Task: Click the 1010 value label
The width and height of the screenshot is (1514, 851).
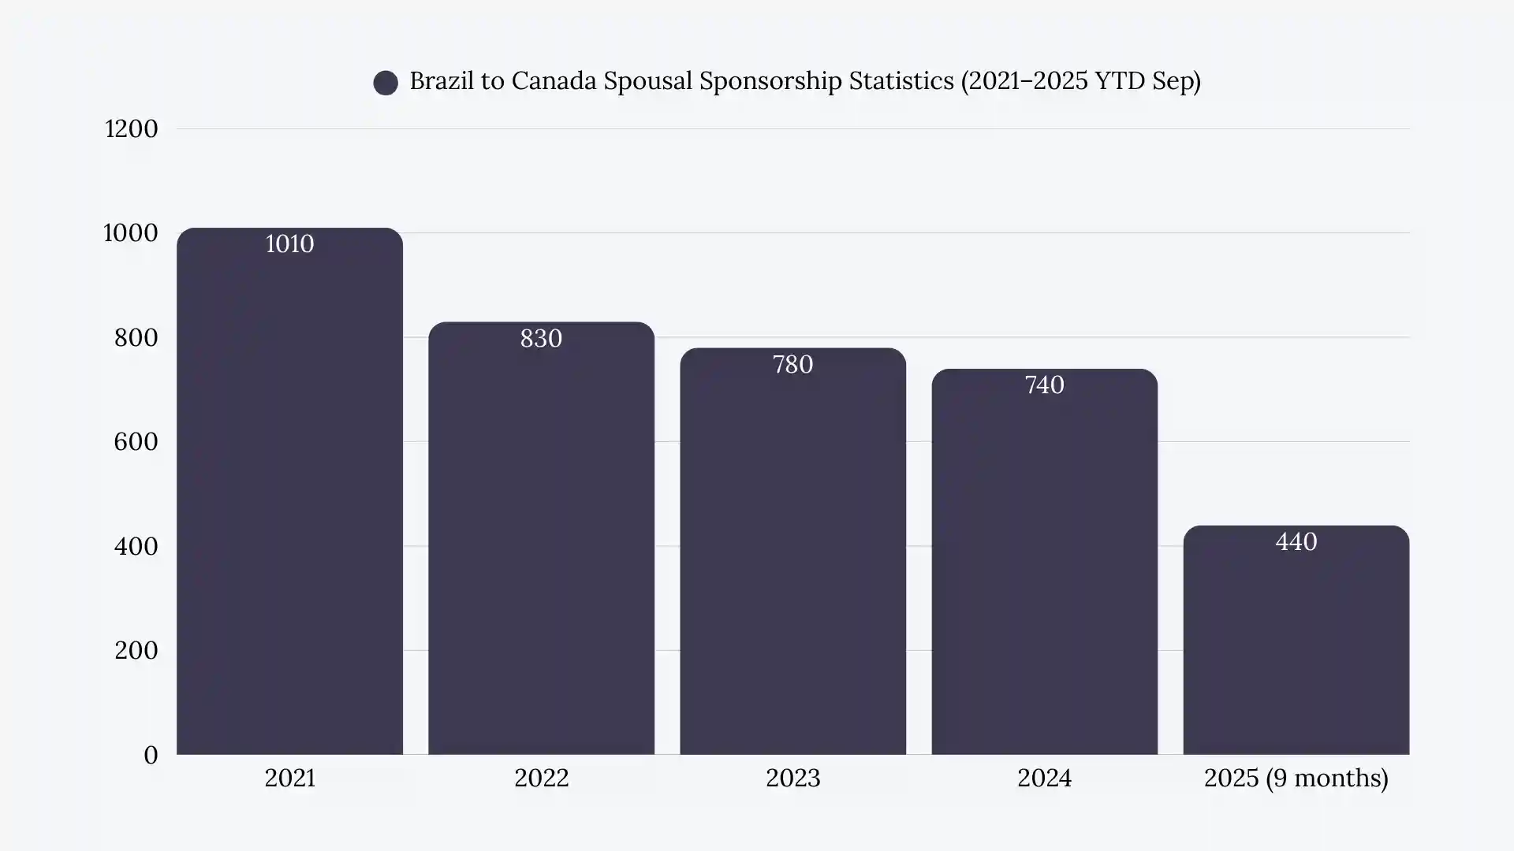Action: (x=289, y=244)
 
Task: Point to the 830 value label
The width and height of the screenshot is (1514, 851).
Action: (x=541, y=339)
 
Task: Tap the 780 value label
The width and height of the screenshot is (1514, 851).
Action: (x=792, y=365)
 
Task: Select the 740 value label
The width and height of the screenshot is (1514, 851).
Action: (x=1044, y=385)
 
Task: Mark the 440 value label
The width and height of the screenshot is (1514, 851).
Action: (x=1296, y=542)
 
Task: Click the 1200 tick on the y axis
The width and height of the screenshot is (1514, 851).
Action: (x=131, y=129)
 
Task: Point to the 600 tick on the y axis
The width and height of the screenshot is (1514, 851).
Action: (x=136, y=442)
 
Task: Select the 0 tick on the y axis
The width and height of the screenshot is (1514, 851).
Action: (x=151, y=756)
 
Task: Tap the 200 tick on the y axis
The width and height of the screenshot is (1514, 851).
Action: (x=136, y=651)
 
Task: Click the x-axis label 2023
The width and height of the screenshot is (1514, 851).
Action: (x=792, y=779)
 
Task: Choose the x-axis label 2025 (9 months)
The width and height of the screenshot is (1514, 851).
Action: (x=1296, y=779)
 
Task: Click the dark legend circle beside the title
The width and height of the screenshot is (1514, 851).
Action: (x=386, y=83)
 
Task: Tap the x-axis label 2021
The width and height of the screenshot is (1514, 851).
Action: (x=289, y=779)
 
